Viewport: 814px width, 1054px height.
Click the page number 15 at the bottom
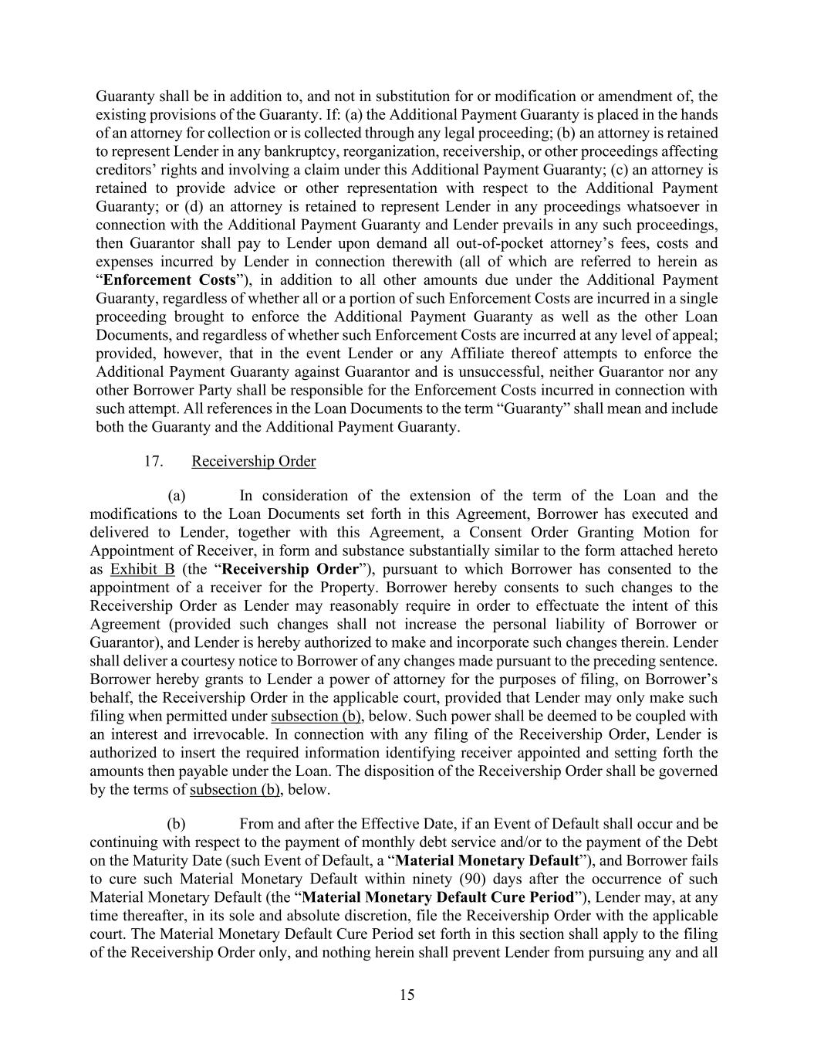pyautogui.click(x=407, y=995)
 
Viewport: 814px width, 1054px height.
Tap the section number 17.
pyautogui.click(x=153, y=462)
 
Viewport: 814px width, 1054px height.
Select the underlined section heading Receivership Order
pyautogui.click(x=253, y=462)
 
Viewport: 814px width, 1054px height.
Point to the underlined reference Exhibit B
pyautogui.click(x=143, y=570)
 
